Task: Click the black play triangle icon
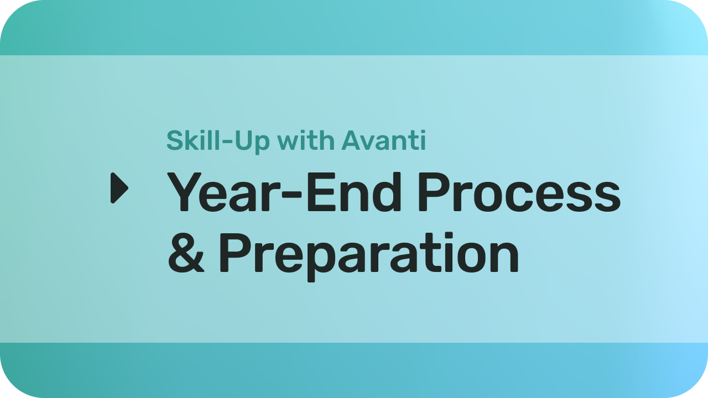[119, 187]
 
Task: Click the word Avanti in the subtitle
[384, 140]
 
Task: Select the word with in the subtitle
[306, 140]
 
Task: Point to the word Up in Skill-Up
[253, 143]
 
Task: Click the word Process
[519, 192]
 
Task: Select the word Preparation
[369, 256]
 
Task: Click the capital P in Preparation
[234, 253]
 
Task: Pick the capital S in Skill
[175, 140]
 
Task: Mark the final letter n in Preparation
[505, 256]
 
